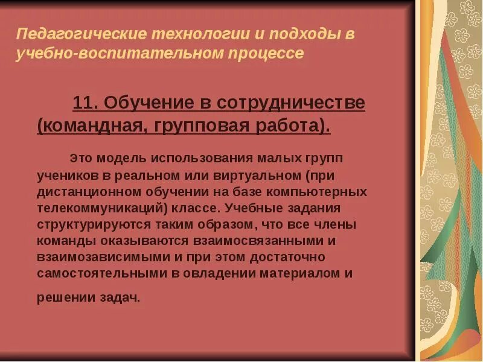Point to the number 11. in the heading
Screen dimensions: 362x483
click(x=85, y=103)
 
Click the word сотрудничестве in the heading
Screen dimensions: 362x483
click(x=289, y=103)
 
